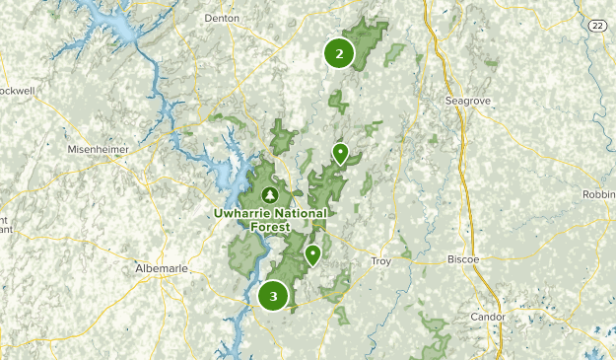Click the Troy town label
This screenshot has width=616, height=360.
[381, 260]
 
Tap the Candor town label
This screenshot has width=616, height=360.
[488, 317]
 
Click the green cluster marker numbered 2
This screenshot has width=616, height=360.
[339, 54]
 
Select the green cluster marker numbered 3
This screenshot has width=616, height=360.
[273, 295]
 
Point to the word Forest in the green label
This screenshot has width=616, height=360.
[271, 226]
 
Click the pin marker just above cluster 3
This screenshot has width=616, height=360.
[312, 255]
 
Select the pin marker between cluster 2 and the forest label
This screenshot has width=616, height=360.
[340, 153]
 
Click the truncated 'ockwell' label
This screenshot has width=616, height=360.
[17, 90]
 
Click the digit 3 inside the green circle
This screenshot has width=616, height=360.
[273, 295]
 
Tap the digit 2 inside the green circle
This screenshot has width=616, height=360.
[339, 54]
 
